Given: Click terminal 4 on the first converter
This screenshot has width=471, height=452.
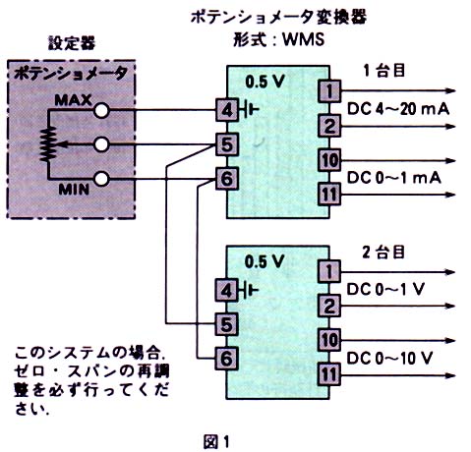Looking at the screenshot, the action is point(227,110).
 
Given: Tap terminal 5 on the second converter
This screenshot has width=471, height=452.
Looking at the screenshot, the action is point(226,324).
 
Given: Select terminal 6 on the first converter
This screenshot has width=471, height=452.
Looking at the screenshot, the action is point(227,179).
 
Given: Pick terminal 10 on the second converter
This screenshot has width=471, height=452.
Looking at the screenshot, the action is point(329,340).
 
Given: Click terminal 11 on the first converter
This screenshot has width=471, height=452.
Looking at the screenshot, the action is point(329,195).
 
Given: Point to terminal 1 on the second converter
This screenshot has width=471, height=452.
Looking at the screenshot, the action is point(329,271).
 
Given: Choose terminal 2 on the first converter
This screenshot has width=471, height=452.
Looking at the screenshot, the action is point(329,126).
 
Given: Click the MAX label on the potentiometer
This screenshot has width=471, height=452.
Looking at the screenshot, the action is point(73,100).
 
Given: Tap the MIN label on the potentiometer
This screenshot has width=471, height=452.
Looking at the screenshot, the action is point(74,190).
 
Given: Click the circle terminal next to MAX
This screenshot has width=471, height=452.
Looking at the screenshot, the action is point(101,110).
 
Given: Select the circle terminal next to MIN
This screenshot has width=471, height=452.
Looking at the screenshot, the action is point(101,179).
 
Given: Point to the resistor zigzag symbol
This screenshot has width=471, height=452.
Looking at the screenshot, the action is point(48,144).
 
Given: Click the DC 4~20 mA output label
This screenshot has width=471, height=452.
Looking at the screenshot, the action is point(398,109).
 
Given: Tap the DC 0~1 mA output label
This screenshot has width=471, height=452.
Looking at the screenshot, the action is point(393,178).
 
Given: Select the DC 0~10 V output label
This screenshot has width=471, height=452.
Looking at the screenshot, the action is point(389,359).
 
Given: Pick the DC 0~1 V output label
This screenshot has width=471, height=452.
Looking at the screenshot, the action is point(385,289).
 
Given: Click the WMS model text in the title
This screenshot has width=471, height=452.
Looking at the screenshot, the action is point(303,39).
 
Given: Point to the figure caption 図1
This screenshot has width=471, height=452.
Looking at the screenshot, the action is point(216,441).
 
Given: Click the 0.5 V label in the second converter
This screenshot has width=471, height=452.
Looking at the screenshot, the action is point(265,261).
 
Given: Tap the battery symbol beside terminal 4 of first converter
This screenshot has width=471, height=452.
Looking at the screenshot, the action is point(250,110).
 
